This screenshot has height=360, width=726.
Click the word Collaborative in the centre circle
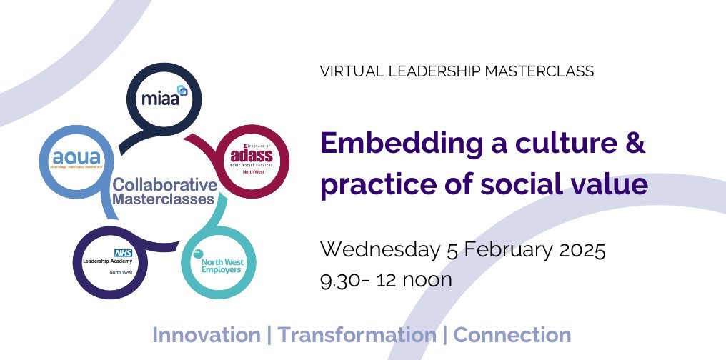164,184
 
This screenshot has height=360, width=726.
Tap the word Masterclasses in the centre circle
164,199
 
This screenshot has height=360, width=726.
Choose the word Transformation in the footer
357,334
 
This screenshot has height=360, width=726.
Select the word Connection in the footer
512,334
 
